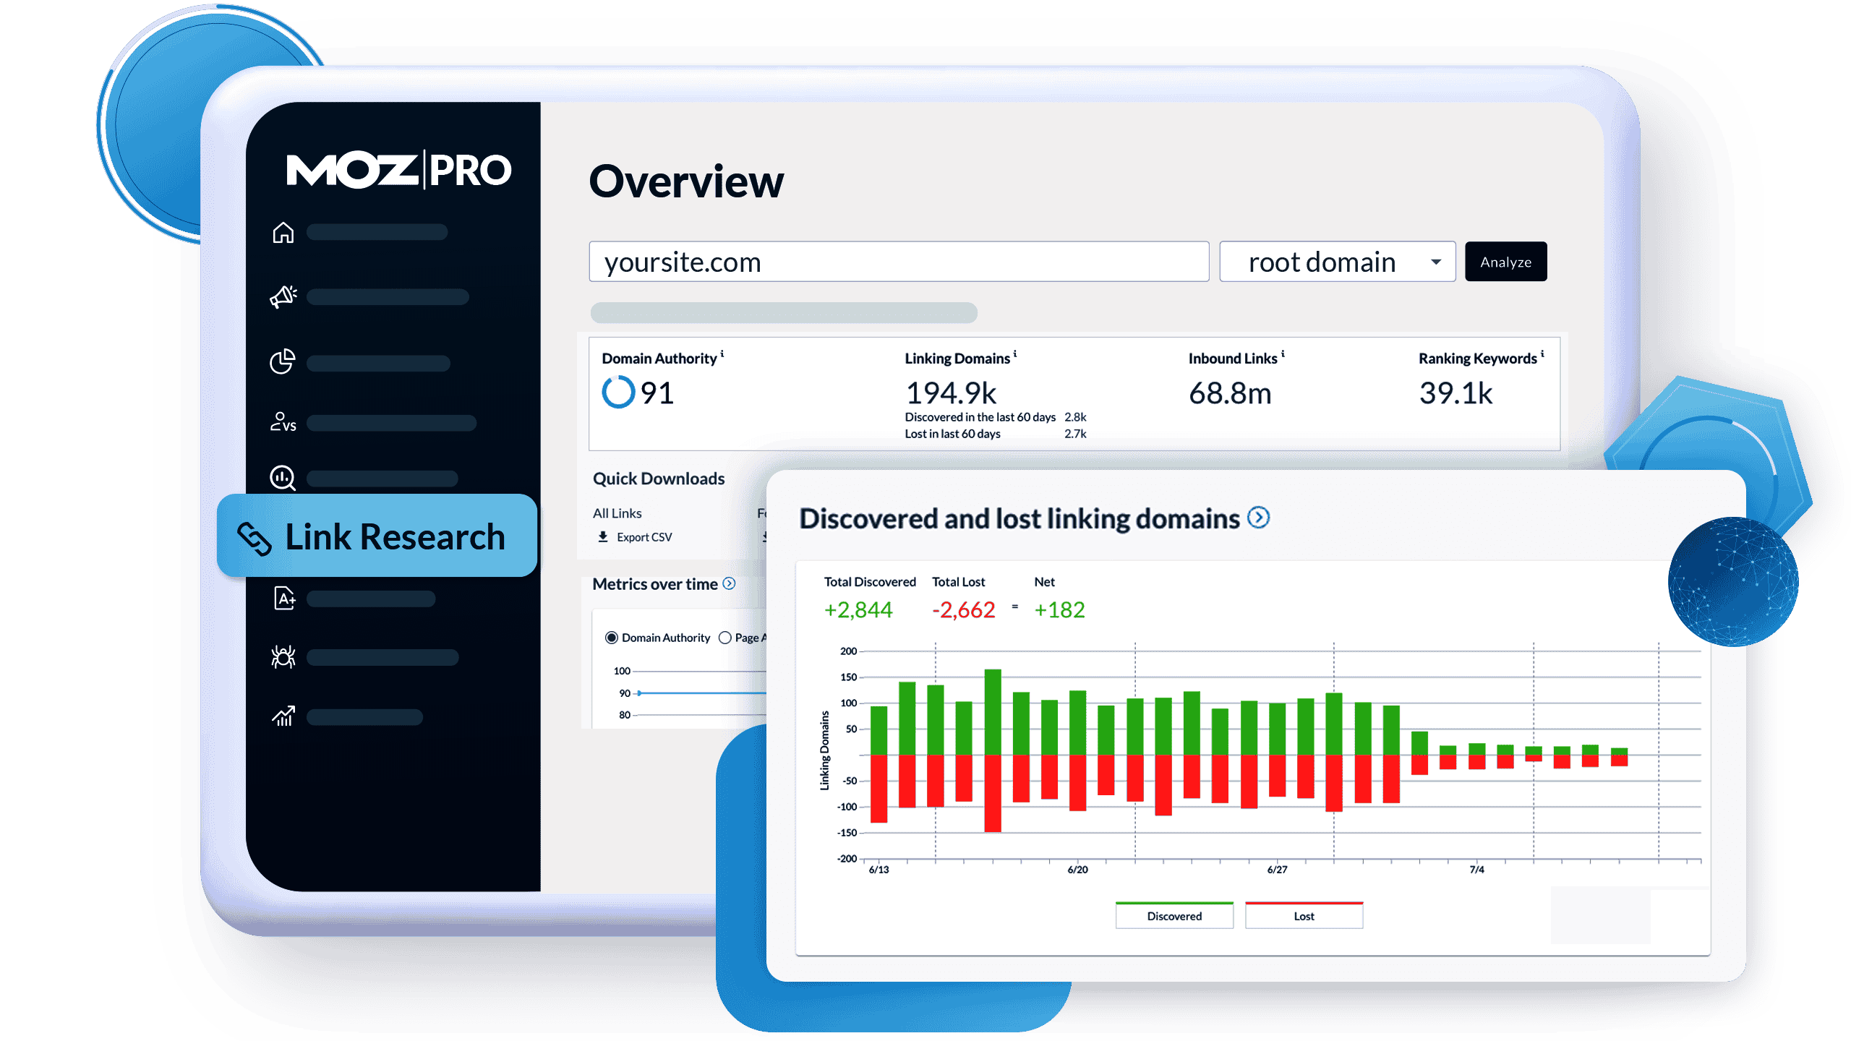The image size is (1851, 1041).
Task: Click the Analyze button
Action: (1505, 262)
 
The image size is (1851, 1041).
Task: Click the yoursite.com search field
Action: (898, 262)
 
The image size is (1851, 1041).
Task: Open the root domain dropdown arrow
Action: (1436, 262)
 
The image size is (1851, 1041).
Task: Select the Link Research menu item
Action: (377, 536)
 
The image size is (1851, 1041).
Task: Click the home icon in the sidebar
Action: (283, 233)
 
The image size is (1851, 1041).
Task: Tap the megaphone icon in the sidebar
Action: (283, 296)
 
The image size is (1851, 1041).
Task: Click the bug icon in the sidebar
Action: (283, 656)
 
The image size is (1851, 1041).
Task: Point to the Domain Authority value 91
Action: (657, 393)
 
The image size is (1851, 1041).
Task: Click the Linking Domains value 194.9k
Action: (951, 393)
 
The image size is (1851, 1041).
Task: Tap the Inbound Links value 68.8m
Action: (1230, 393)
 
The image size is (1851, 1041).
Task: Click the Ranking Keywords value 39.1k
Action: (1455, 393)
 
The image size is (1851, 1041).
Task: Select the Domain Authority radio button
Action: (612, 638)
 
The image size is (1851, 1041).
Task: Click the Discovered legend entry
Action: (1174, 916)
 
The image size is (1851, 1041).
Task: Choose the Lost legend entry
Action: (1304, 916)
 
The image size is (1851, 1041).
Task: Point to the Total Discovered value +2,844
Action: (858, 610)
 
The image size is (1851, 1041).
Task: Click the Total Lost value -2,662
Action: (964, 610)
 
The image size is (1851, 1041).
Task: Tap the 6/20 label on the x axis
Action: (1077, 870)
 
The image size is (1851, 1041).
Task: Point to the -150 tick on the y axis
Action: (847, 833)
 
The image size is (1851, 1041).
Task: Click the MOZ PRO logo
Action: (398, 171)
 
